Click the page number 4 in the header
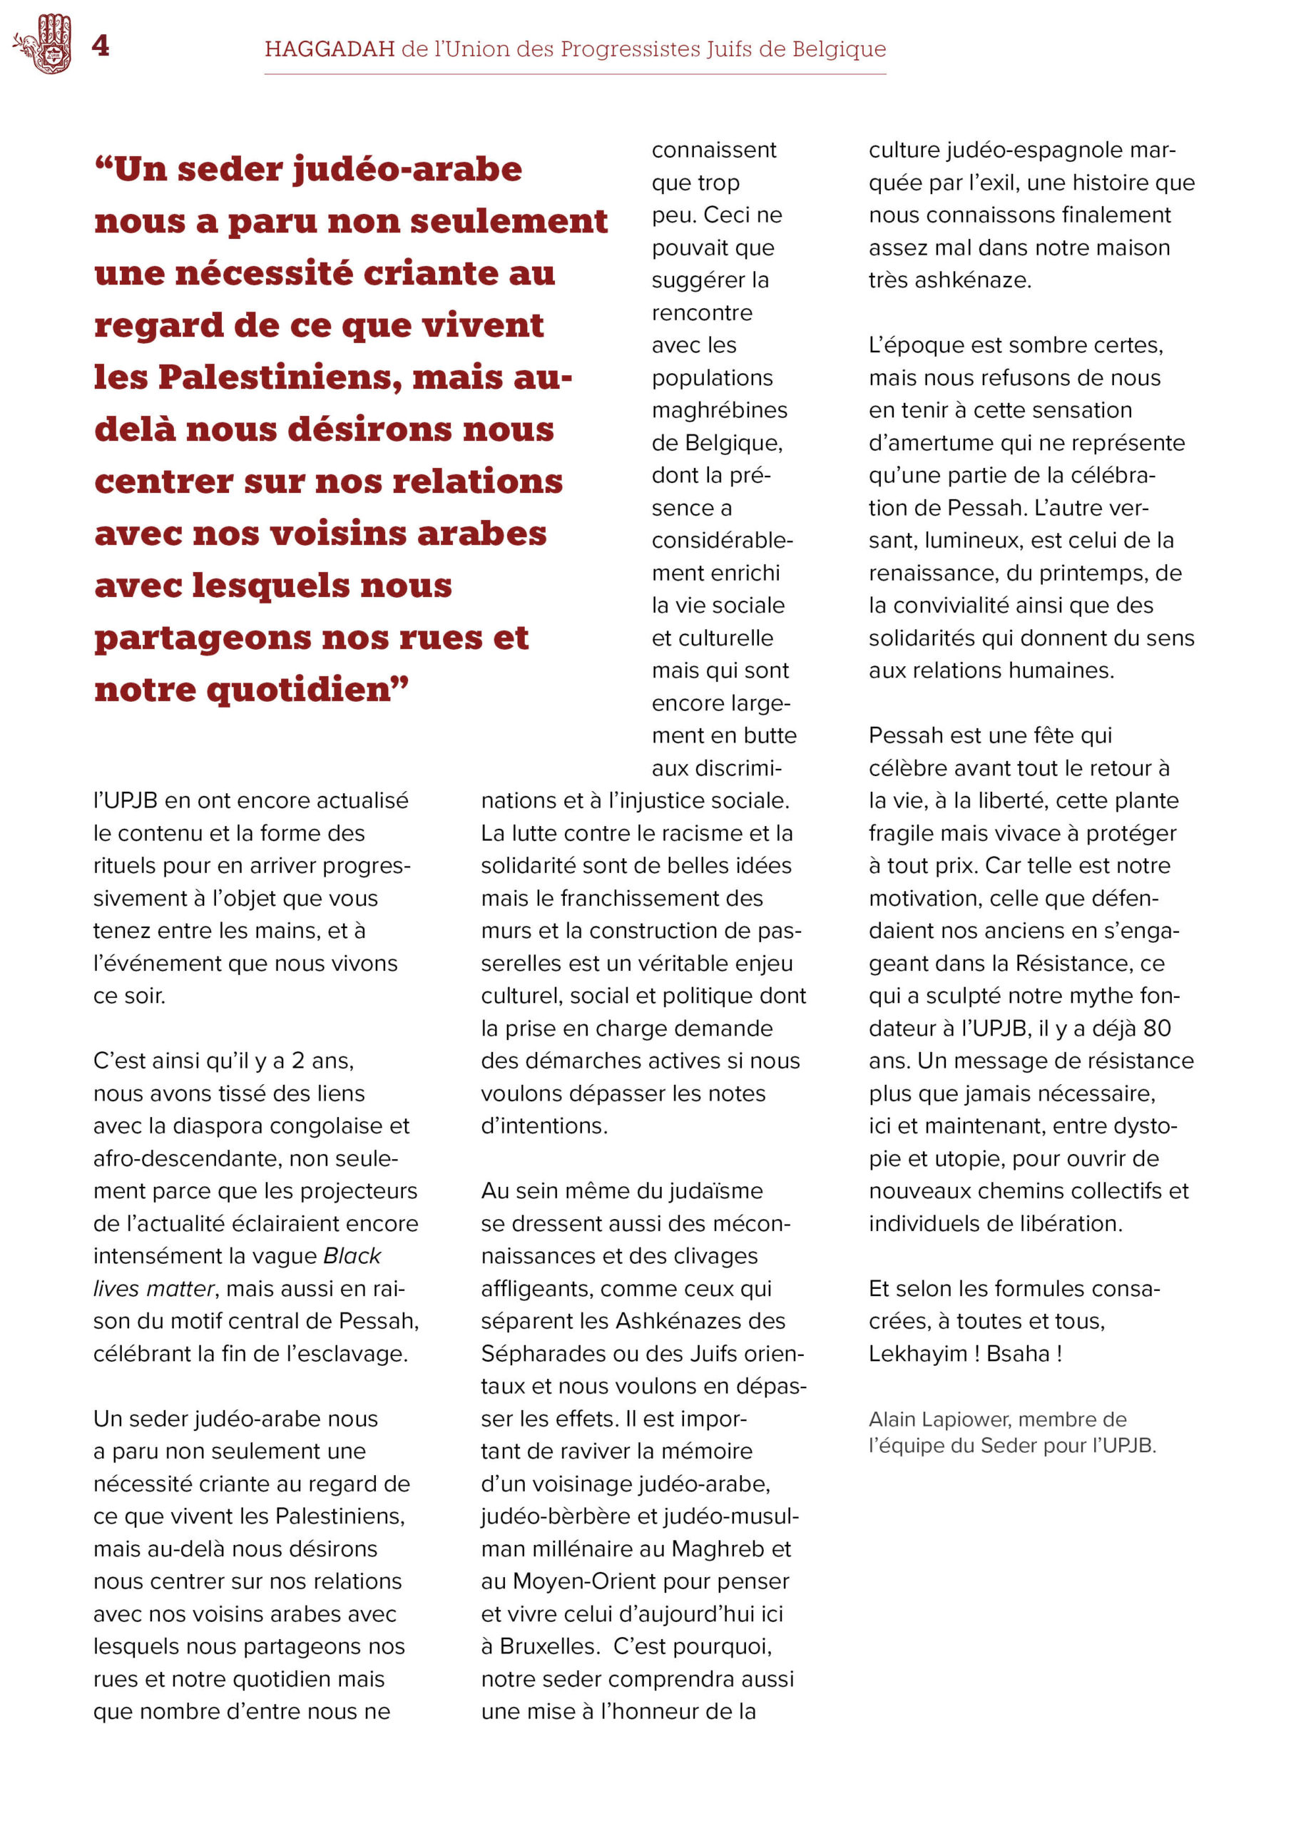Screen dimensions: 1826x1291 click(x=101, y=46)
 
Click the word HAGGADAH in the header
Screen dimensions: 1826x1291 click(x=330, y=49)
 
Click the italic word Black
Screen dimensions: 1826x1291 click(x=352, y=1256)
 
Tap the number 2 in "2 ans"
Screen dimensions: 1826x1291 click(x=297, y=1061)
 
